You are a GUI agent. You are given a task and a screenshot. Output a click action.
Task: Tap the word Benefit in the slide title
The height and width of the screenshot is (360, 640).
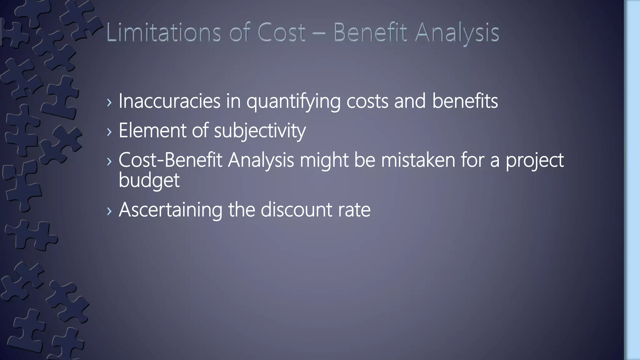tap(371, 32)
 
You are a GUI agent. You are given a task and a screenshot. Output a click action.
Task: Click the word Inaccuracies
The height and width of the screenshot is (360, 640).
tap(169, 101)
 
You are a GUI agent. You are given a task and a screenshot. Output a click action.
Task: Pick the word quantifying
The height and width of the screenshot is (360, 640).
tap(293, 102)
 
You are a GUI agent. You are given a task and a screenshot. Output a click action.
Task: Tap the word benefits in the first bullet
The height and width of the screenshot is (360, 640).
tap(465, 101)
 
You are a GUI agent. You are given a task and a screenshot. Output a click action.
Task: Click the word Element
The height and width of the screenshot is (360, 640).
tap(152, 130)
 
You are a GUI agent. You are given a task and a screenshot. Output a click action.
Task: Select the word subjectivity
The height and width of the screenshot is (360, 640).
tap(260, 131)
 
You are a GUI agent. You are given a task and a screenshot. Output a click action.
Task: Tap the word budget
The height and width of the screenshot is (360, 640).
tap(149, 180)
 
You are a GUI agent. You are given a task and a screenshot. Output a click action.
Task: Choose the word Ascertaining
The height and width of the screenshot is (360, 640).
tap(170, 210)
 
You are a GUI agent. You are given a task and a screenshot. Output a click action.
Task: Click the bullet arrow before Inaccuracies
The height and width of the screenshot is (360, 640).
tap(109, 102)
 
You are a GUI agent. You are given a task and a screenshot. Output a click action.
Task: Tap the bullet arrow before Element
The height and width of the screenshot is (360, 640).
tap(109, 132)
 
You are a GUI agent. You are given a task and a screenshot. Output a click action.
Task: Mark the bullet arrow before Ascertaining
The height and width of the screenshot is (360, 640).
tap(109, 211)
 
